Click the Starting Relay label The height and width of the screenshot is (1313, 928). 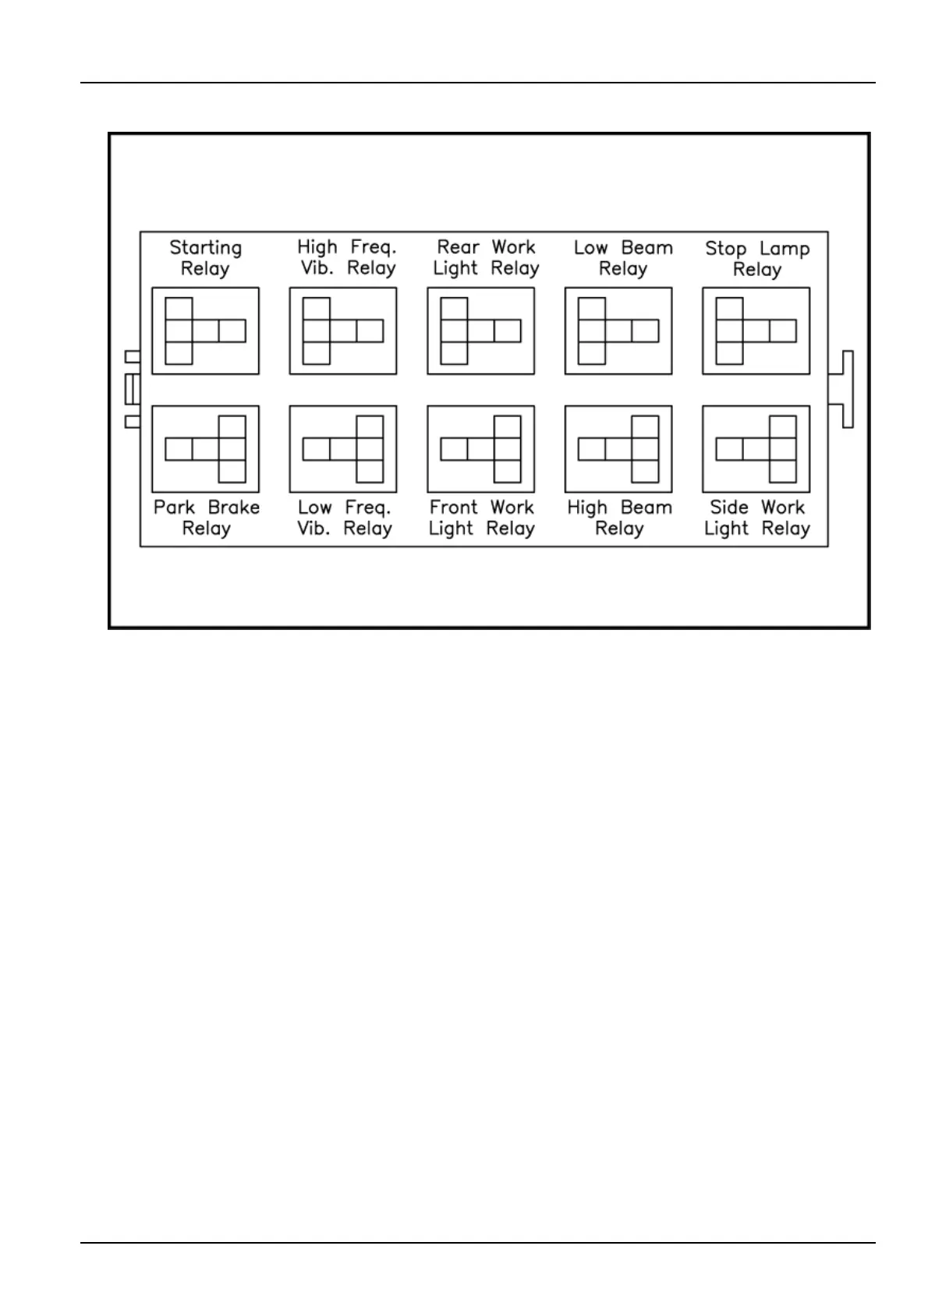click(205, 258)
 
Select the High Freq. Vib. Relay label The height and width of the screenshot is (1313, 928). click(347, 257)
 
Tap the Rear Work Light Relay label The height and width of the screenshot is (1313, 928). click(486, 257)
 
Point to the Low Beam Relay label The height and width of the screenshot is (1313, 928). click(622, 258)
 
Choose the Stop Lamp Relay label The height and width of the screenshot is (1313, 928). click(756, 259)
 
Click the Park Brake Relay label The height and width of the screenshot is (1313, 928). click(206, 518)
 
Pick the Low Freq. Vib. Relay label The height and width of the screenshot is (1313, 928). click(344, 518)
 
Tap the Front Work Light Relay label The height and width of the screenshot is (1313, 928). click(481, 518)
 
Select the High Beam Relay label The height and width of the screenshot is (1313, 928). click(619, 518)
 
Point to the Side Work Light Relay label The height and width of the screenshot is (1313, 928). click(756, 518)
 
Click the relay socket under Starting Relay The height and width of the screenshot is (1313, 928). click(205, 331)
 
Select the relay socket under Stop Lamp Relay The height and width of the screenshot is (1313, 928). click(756, 331)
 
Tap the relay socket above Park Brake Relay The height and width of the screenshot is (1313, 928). click(205, 449)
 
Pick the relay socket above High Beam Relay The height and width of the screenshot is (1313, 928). click(618, 449)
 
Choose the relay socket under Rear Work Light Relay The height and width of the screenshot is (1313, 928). click(480, 331)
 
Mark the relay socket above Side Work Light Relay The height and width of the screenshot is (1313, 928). click(756, 449)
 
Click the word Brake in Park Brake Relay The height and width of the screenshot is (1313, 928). click(233, 508)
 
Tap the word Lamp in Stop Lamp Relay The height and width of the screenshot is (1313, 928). click(785, 249)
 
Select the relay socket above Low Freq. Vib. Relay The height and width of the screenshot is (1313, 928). click(343, 449)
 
